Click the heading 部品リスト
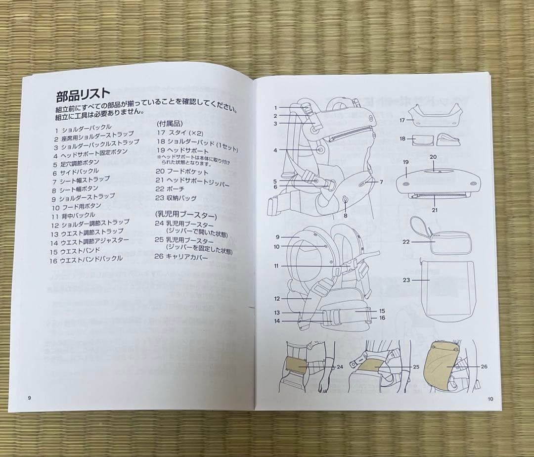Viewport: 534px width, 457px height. pyautogui.click(x=83, y=94)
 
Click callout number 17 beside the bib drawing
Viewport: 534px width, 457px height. pyautogui.click(x=402, y=120)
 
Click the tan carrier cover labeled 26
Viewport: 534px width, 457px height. pyautogui.click(x=444, y=365)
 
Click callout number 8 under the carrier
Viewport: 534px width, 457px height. pyautogui.click(x=346, y=216)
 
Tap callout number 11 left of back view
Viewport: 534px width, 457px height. pyautogui.click(x=276, y=266)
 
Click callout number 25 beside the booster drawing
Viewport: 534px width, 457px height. pyautogui.click(x=416, y=367)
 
